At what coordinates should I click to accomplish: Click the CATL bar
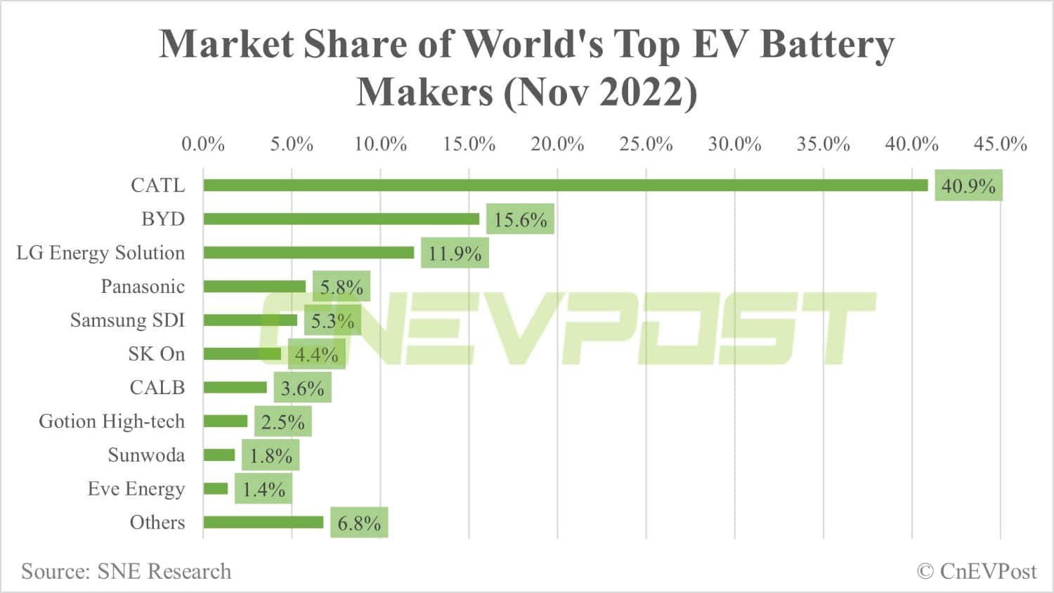tap(566, 185)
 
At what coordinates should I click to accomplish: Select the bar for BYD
tap(341, 219)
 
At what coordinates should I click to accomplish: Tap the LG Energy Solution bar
tap(308, 253)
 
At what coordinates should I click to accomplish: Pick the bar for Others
tap(263, 522)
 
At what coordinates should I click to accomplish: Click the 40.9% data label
tap(968, 186)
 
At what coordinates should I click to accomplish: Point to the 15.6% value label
tap(520, 220)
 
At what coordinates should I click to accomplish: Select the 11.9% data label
tap(455, 254)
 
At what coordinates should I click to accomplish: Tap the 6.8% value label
tap(359, 523)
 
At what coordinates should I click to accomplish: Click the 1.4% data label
tap(263, 490)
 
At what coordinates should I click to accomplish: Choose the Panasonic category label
tap(143, 287)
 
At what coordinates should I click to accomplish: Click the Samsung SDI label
tap(127, 320)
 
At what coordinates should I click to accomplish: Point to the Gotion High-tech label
tap(112, 422)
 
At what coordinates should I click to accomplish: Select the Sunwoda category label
tap(146, 455)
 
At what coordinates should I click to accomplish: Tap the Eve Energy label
tap(136, 489)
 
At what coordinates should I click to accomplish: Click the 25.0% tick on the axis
tap(646, 144)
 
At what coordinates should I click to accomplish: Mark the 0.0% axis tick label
tap(203, 144)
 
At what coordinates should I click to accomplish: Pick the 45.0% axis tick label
tap(1000, 144)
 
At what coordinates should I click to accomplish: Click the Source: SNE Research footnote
tap(126, 571)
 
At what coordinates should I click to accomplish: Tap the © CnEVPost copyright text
tap(977, 571)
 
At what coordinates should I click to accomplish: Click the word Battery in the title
tap(828, 44)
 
